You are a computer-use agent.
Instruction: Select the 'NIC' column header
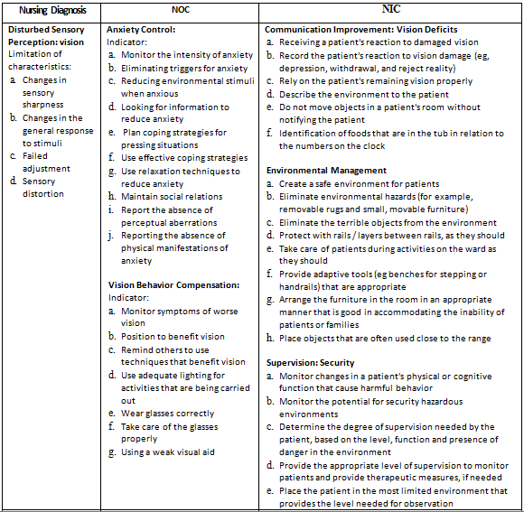click(x=391, y=9)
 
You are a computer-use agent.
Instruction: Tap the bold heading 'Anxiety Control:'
click(x=142, y=30)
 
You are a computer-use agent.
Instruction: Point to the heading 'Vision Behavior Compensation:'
click(x=173, y=284)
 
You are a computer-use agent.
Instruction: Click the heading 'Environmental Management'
click(x=327, y=170)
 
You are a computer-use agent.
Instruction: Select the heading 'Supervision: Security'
click(x=311, y=362)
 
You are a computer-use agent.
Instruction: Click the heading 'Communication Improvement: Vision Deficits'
click(x=361, y=30)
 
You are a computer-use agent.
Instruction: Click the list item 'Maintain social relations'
click(x=172, y=196)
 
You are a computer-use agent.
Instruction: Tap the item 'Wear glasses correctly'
click(x=168, y=414)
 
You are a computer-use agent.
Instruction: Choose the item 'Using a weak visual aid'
click(x=168, y=452)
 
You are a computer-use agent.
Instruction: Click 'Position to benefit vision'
click(x=173, y=336)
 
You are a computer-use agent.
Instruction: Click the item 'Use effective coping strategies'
click(x=183, y=158)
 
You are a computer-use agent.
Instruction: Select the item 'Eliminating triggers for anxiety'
click(x=184, y=68)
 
